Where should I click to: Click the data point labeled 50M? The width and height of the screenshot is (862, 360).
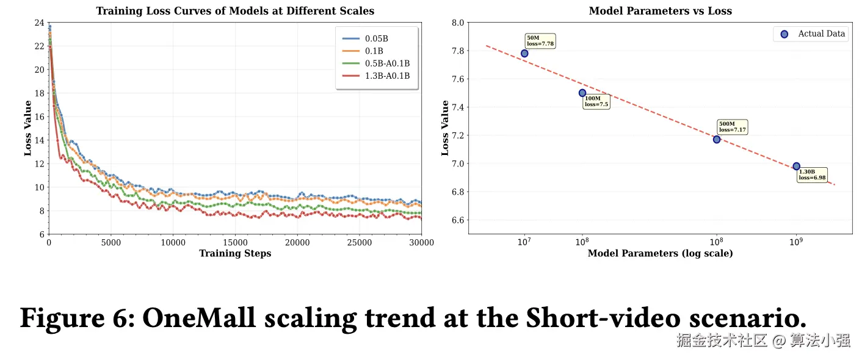coord(524,53)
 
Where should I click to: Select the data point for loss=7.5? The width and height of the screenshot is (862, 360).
coord(582,93)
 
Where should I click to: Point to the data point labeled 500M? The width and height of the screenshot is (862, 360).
coord(717,139)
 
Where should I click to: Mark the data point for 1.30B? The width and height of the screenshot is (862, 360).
coord(796,166)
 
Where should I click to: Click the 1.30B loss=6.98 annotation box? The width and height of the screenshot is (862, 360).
coord(812,175)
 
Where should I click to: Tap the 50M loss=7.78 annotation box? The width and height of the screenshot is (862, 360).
coord(540,41)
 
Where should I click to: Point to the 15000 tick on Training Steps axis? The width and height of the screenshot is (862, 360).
coord(235,243)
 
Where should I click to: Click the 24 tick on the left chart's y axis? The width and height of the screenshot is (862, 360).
coord(39,23)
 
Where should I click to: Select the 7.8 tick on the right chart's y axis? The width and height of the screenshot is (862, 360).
coord(457,51)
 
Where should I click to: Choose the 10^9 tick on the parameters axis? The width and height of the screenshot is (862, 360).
coord(795,242)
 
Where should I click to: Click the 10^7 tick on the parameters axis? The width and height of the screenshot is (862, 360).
coord(524,242)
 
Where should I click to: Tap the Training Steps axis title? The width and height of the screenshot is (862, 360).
coord(235,254)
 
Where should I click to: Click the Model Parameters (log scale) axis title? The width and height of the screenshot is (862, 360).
coord(660,254)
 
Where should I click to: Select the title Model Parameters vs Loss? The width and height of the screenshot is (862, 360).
coord(660,11)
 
